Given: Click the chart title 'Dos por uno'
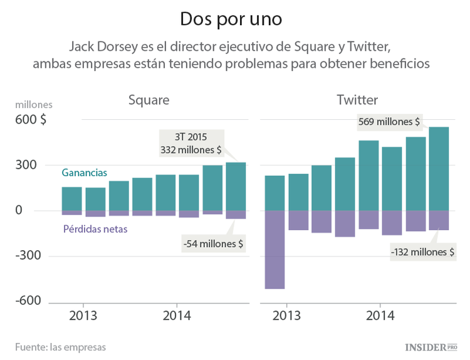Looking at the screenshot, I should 231,19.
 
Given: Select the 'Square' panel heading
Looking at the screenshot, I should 149,100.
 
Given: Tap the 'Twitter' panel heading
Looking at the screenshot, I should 357,100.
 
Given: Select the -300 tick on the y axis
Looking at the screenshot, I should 28,256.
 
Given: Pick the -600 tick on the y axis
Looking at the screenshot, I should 28,301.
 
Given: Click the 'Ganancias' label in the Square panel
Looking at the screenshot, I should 84,172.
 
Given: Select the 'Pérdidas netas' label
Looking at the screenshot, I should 95,229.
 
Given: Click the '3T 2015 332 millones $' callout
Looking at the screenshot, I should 191,143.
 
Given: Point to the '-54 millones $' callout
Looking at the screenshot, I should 214,243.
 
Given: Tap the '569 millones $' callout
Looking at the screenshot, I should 389,122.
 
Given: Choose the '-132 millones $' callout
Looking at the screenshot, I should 422,252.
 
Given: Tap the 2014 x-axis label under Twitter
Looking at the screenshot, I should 379,315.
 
